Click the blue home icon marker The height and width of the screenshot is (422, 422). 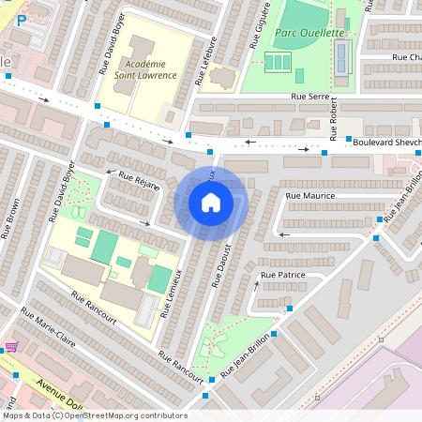(x=211, y=202)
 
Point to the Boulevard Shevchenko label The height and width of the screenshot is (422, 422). (x=384, y=142)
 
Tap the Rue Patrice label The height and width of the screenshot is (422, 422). (x=283, y=274)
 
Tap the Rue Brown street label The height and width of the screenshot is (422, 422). (x=13, y=221)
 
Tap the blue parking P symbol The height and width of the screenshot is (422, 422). (x=21, y=19)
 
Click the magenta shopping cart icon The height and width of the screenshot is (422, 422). (x=11, y=346)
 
